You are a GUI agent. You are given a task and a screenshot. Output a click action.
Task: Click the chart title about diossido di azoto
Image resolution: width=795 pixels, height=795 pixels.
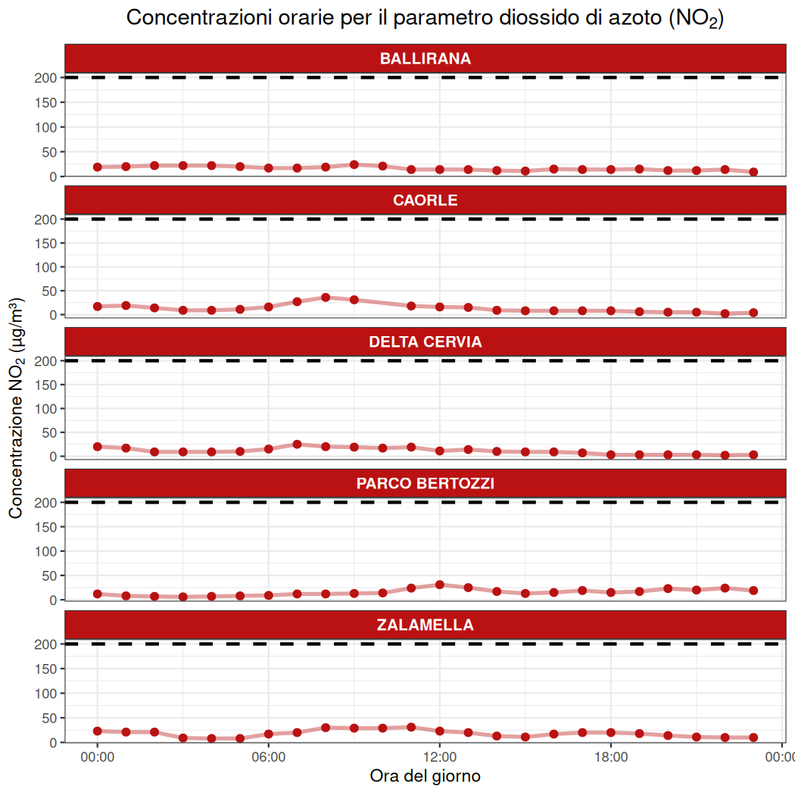coord(425,19)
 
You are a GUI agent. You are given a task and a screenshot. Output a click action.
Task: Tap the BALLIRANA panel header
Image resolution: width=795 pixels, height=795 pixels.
coord(425,59)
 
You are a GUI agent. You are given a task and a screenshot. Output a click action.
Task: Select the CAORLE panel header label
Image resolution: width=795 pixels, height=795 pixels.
coord(425,201)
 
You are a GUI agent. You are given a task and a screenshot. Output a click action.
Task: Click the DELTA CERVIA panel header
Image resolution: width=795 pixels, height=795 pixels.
coord(425,342)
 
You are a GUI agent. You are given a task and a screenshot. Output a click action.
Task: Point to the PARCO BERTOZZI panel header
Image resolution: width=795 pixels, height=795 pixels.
coord(425,484)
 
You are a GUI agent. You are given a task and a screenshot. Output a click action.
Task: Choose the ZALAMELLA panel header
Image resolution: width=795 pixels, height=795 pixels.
coord(425,625)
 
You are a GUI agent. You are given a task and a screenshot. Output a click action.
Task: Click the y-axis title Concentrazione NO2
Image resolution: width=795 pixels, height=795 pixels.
coord(16,409)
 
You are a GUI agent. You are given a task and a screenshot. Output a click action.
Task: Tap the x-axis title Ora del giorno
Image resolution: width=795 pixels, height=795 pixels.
coord(425,776)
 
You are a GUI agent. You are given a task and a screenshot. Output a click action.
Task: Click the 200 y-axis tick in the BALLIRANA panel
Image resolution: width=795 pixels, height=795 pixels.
coord(46,77)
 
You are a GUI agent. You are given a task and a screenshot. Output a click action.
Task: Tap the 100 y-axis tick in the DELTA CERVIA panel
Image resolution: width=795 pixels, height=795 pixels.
coord(46,409)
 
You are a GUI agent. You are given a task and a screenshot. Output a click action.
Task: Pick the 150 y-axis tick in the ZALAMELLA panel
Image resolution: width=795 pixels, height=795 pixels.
coord(46,669)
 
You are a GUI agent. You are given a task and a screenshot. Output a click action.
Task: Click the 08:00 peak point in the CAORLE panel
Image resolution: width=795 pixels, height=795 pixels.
coord(326,298)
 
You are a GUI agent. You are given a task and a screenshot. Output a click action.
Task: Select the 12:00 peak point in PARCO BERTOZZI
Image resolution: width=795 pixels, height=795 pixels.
coord(440,585)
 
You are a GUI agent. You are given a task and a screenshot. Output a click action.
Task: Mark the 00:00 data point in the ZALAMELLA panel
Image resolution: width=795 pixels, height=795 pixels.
coord(97,731)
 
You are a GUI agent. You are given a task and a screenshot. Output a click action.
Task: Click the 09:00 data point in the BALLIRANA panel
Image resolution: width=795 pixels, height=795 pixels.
coord(354,164)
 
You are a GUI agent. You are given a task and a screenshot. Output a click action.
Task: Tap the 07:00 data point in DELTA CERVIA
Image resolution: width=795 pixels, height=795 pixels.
coord(297,444)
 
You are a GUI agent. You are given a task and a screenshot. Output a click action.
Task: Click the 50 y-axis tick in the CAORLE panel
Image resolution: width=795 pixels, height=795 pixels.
coord(49,291)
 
